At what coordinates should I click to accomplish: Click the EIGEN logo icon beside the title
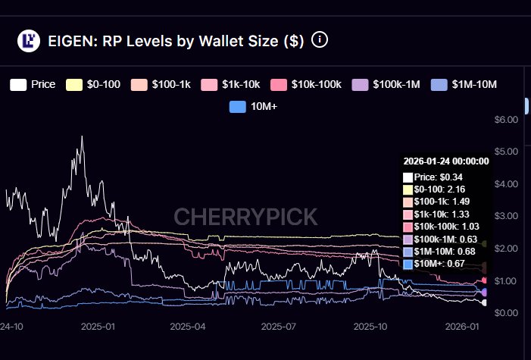[29, 41]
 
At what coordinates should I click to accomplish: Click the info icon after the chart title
[320, 39]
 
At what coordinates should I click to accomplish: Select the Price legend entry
[33, 84]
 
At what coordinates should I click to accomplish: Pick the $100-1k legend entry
[163, 84]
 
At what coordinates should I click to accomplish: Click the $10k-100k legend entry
[308, 84]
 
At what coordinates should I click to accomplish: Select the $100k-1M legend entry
[386, 84]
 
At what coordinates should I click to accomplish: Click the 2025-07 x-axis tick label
[277, 327]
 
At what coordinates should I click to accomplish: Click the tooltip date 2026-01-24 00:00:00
[445, 161]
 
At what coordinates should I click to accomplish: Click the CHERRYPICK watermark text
[245, 218]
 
